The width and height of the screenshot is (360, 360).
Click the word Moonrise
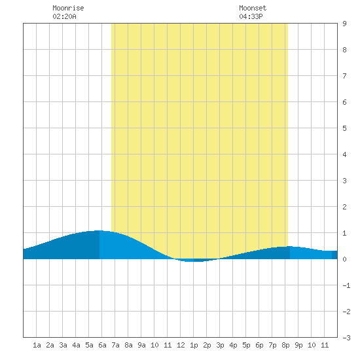coord(68,8)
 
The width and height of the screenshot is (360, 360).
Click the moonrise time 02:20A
coord(64,16)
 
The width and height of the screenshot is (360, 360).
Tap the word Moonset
coord(253,8)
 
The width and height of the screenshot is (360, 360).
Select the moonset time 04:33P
coord(251,16)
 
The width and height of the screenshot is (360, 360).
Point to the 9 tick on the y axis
coord(344,24)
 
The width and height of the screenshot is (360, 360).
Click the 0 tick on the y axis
coord(344,259)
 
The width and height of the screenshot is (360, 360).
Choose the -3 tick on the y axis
coord(346,338)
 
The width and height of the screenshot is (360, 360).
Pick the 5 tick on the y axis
coord(344,128)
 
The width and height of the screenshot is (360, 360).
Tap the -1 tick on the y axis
coord(346,285)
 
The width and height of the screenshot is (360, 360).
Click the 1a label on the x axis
coord(37,345)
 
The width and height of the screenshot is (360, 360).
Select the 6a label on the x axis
coord(102,345)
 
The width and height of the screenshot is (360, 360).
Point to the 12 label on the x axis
coord(181,345)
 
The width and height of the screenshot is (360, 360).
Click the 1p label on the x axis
coord(194,345)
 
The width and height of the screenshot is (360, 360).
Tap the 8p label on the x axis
coord(285,345)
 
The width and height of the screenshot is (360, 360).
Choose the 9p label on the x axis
coord(298,345)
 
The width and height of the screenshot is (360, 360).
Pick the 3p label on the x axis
coord(220,345)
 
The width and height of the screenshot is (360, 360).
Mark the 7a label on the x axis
coord(115,345)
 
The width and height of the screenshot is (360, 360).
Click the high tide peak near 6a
coord(99,230)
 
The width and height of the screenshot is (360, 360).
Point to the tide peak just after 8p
coord(289,246)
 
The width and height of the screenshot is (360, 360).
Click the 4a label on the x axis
coord(76,345)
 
